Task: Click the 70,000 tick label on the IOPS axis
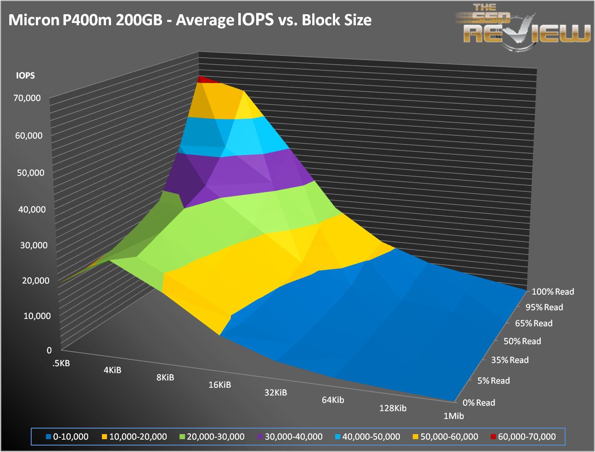coord(27,98)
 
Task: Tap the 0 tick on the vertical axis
coord(49,350)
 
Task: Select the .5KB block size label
coord(61,363)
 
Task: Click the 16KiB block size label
coord(219,385)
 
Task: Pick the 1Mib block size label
coord(453,416)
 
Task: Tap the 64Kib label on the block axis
coord(333,400)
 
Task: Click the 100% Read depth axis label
coord(553,292)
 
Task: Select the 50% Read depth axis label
coord(522,341)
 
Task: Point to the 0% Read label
coord(479,403)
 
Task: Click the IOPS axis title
coord(25,76)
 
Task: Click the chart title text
coord(190,20)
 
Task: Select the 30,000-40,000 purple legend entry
coord(290,437)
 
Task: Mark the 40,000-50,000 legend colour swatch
coord(338,437)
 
